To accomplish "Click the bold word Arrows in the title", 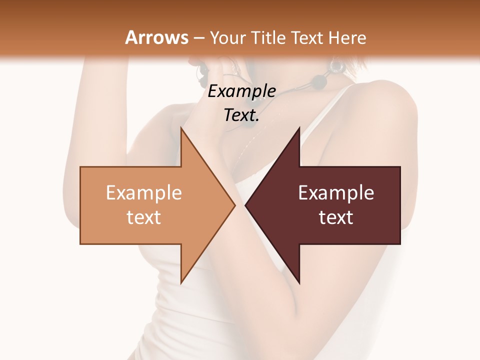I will pyautogui.click(x=156, y=37).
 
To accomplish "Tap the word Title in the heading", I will pyautogui.click(x=268, y=37).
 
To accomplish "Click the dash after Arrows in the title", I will pyautogui.click(x=198, y=38).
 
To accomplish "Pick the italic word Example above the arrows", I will pyautogui.click(x=242, y=91).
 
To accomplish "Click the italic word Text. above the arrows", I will pyautogui.click(x=241, y=115).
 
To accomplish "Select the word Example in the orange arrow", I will pyautogui.click(x=144, y=192).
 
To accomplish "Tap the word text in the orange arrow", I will pyautogui.click(x=144, y=217).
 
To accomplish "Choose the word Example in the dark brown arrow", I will pyautogui.click(x=336, y=192).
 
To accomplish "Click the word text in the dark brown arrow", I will pyautogui.click(x=336, y=217).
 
